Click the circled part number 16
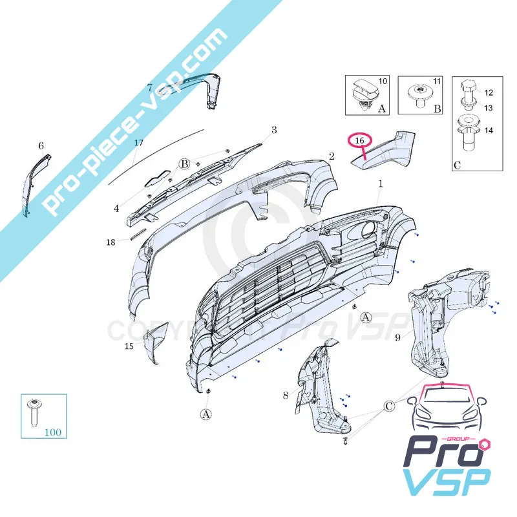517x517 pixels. point(360,140)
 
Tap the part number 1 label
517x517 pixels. point(381,184)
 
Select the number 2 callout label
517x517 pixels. point(331,156)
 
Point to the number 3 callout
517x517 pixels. point(274,130)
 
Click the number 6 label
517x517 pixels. point(41,146)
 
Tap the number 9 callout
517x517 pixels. point(398,337)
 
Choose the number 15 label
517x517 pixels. point(129,347)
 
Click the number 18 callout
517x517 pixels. point(111,242)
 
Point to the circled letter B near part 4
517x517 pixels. point(184,164)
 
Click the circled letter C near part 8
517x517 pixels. point(389,406)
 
